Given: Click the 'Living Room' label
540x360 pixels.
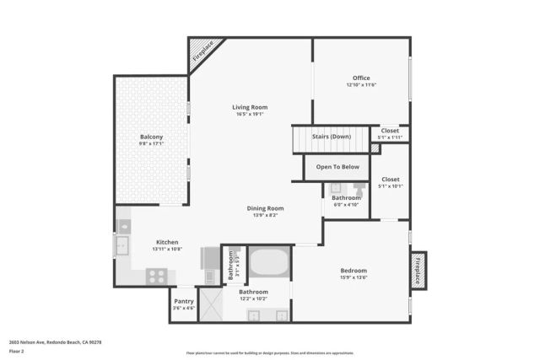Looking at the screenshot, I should coord(250,107).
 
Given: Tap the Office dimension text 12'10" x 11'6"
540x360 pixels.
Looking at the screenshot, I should coord(361,85).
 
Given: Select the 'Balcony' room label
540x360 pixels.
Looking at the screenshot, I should coord(151,137).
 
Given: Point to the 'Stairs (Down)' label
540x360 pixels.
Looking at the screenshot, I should coord(332,136).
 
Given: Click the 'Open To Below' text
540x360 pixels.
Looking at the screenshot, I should coord(337,167).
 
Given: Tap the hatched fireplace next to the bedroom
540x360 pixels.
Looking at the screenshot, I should coord(418,271).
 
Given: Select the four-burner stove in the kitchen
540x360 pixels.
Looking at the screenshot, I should coord(156,276).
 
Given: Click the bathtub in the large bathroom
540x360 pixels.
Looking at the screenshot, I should coord(269,262).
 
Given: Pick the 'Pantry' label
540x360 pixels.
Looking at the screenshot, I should coord(184,301).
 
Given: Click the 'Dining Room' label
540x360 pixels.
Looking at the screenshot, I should coord(265,208).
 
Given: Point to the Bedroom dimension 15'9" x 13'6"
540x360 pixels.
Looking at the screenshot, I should coord(354,277).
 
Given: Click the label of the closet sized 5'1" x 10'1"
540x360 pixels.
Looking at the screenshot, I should coord(390,185).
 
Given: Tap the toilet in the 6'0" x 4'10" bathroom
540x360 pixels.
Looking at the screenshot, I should coord(359,189).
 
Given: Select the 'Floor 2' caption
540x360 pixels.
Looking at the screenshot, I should coord(18,351).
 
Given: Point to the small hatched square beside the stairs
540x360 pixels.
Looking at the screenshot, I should coord(375,148).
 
